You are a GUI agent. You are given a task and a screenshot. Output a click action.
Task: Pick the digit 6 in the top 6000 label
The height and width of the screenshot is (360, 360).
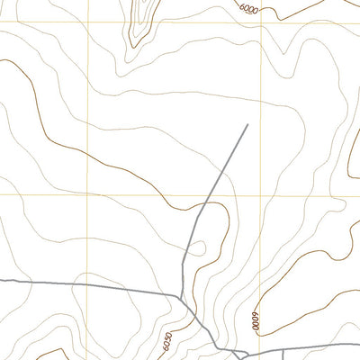242,4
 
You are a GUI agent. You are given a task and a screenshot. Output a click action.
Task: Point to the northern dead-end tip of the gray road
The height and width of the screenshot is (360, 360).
247,124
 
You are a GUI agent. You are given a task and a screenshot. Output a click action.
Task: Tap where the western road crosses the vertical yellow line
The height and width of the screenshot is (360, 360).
87,285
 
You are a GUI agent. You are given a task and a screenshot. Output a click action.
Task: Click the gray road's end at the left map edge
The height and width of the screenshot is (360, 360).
1,281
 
